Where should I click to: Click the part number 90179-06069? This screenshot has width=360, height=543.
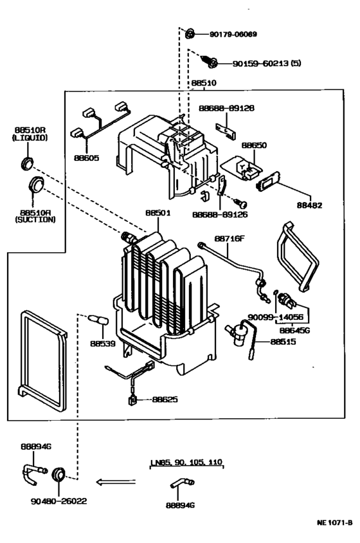pyautogui.click(x=233, y=34)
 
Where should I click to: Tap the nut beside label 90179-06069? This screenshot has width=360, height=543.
pyautogui.click(x=190, y=33)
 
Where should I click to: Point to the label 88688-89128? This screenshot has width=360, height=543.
pyautogui.click(x=226, y=108)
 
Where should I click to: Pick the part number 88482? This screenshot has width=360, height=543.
pyautogui.click(x=309, y=205)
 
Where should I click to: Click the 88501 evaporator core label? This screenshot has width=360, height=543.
pyautogui.click(x=157, y=212)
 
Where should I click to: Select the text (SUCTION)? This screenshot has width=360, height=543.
pyautogui.click(x=36, y=219)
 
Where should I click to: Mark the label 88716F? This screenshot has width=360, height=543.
pyautogui.click(x=230, y=238)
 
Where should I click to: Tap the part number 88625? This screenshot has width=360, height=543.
pyautogui.click(x=165, y=400)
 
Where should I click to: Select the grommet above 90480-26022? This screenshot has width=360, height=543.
pyautogui.click(x=60, y=475)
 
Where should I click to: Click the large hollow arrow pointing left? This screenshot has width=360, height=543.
pyautogui.click(x=116, y=481)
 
